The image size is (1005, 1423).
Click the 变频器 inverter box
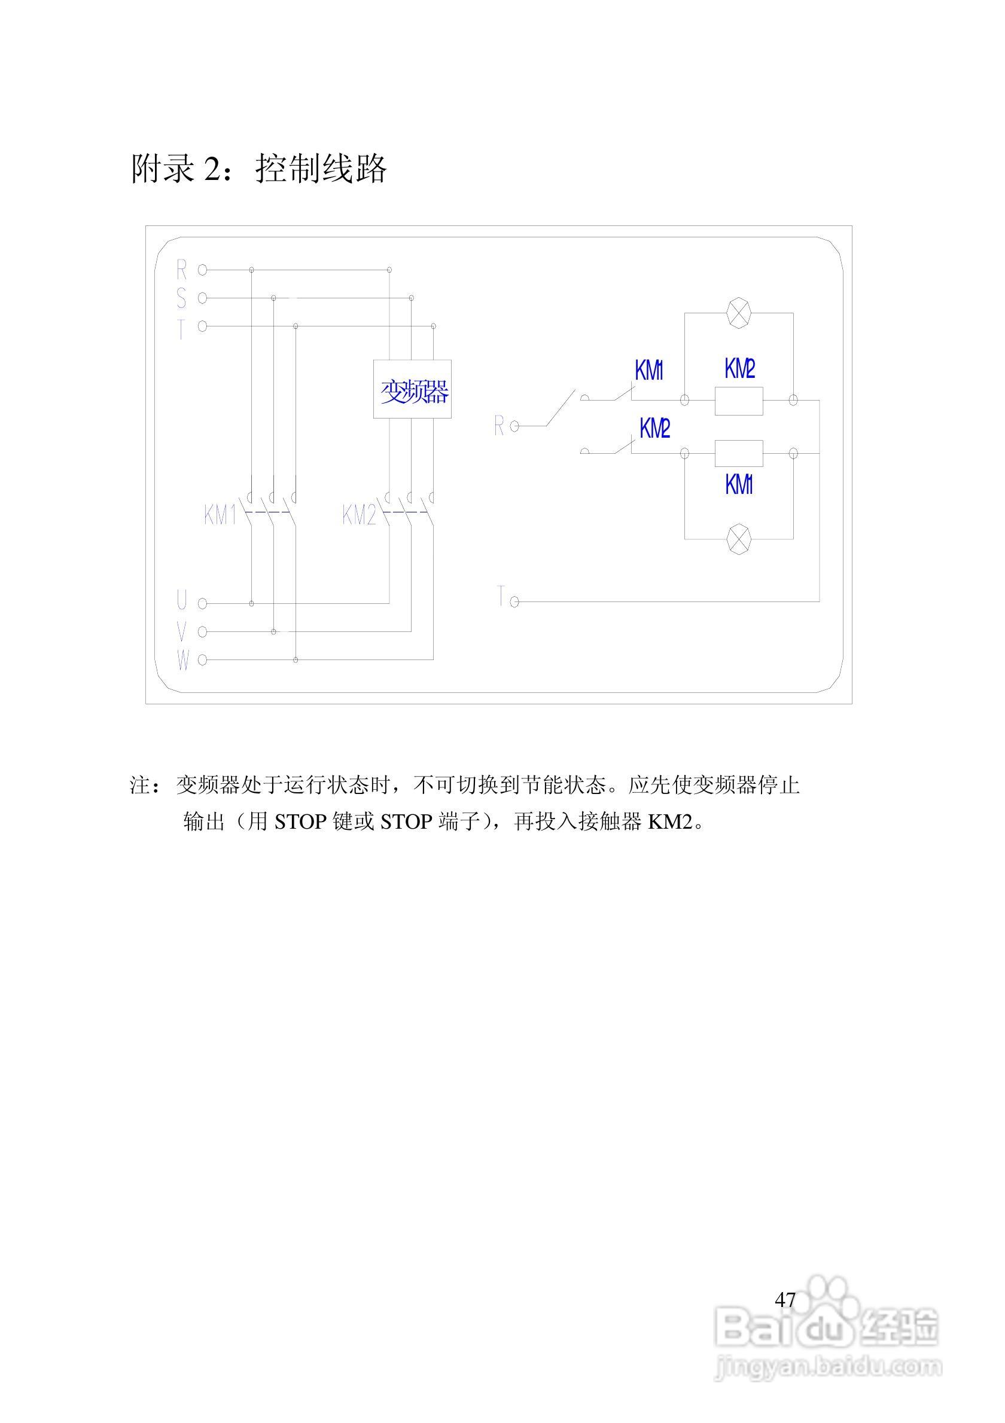pos(412,389)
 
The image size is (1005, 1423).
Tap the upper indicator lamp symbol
pos(738,312)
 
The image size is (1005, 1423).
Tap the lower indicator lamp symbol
pos(738,539)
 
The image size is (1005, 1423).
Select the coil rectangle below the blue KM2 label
pos(738,401)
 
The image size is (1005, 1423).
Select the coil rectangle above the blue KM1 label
pos(738,454)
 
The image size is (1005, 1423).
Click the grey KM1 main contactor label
pos(220,515)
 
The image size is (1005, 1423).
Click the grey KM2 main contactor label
pos(359,515)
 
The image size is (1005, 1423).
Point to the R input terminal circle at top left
pos(202,270)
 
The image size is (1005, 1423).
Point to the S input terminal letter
pos(181,298)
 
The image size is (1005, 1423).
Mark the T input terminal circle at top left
pos(202,326)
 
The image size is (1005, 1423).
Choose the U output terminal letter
pos(182,600)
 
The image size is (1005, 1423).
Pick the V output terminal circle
pos(202,631)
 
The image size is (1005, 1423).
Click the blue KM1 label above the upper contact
pos(648,371)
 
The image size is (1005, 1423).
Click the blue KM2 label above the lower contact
pos(654,428)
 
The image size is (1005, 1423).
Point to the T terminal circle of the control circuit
pos(514,601)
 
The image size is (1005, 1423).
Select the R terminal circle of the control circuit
pos(514,426)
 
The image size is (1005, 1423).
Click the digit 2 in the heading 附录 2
pos(212,169)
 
